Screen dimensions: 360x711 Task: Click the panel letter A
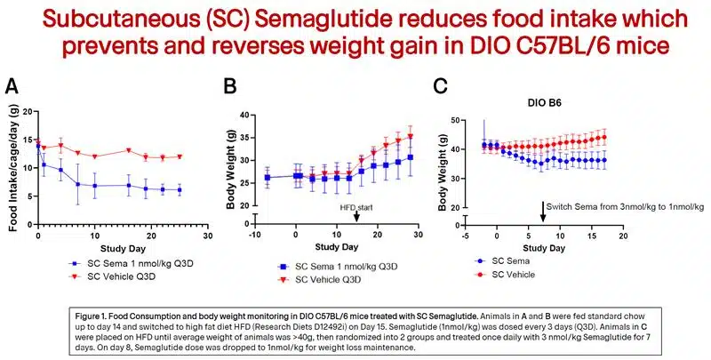click(12, 86)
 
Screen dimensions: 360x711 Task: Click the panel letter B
click(231, 86)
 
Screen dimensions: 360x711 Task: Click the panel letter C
click(439, 86)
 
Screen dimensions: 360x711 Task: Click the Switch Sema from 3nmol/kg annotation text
click(624, 206)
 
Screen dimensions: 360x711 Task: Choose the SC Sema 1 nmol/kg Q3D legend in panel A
click(124, 265)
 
